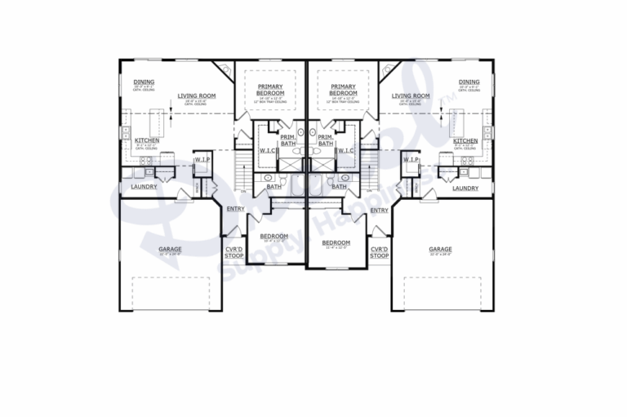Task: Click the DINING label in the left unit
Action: (144, 82)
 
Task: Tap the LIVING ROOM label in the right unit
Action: (410, 95)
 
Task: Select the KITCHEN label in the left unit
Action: (147, 140)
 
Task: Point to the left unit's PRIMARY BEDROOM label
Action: (270, 90)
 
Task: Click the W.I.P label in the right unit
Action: (411, 160)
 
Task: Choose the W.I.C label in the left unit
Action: (266, 150)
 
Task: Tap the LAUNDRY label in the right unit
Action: (465, 188)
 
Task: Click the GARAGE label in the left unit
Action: (170, 249)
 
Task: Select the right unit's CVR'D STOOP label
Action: (379, 252)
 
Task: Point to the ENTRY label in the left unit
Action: (235, 210)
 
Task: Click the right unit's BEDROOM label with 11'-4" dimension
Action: (336, 242)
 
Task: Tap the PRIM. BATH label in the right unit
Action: (324, 140)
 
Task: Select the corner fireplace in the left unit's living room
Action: (222, 69)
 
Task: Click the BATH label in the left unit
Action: (273, 187)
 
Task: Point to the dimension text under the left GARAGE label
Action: (170, 255)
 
